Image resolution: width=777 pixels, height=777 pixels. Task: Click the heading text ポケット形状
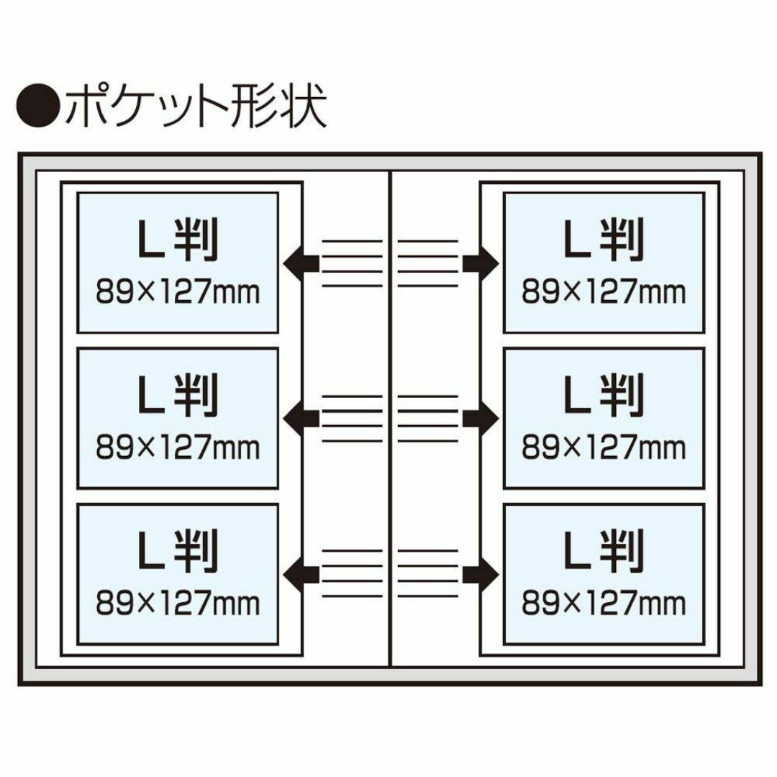point(196,105)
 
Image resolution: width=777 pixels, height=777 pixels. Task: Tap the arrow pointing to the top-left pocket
point(301,263)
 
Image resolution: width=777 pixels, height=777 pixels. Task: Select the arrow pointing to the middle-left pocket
point(301,419)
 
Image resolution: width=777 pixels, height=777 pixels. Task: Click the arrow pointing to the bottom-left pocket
point(301,574)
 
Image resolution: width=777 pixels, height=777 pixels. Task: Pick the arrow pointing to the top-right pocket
point(481,263)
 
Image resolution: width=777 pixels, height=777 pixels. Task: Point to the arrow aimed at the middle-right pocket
point(481,419)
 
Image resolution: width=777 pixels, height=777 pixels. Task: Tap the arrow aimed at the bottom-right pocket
point(481,574)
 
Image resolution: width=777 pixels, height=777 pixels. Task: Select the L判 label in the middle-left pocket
point(178,395)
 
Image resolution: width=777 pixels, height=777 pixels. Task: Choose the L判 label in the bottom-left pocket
point(178,550)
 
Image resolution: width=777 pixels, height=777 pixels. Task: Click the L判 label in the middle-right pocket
point(604,395)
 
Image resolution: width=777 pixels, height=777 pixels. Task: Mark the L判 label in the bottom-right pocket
point(604,550)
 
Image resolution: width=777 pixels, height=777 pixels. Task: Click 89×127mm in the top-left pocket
point(178,292)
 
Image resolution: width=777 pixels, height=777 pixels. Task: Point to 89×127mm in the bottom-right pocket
point(604,603)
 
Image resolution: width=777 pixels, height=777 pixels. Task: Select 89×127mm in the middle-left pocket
point(178,447)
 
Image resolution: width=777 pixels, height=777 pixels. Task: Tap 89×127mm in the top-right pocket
point(604,292)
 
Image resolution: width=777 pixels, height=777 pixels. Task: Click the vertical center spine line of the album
point(391,419)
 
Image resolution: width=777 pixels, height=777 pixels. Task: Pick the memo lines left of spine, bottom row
point(353,573)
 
